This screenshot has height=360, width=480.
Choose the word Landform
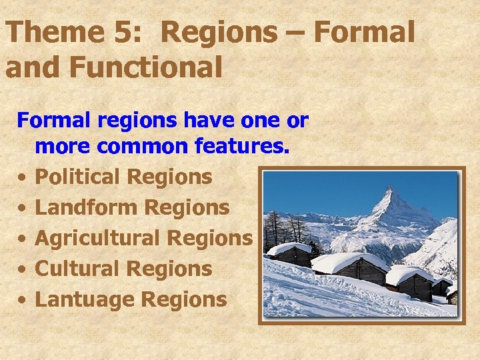pos(86,207)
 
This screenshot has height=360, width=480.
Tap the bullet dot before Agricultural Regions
pos(22,239)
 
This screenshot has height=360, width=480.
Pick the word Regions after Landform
pos(187,207)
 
